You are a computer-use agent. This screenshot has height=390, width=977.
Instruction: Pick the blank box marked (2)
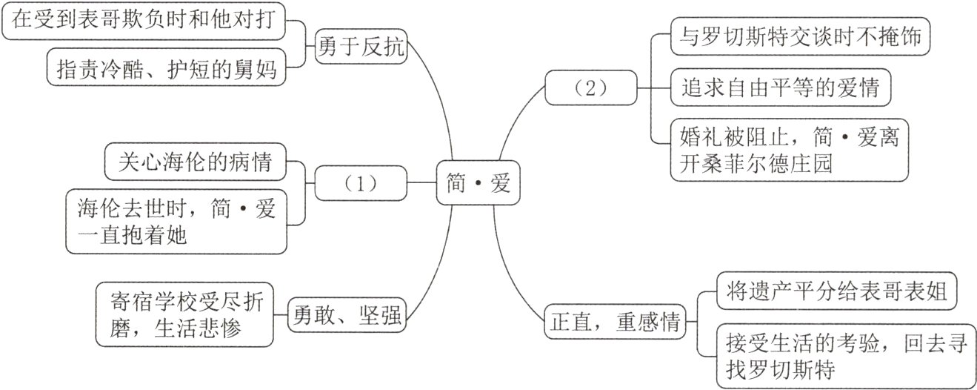pos(590,87)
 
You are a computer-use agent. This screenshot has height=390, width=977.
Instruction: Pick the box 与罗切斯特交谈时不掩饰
pos(797,37)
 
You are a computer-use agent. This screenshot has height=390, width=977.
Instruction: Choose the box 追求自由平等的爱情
pos(781,89)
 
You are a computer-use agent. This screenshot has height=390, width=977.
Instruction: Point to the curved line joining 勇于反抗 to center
pos(440,96)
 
